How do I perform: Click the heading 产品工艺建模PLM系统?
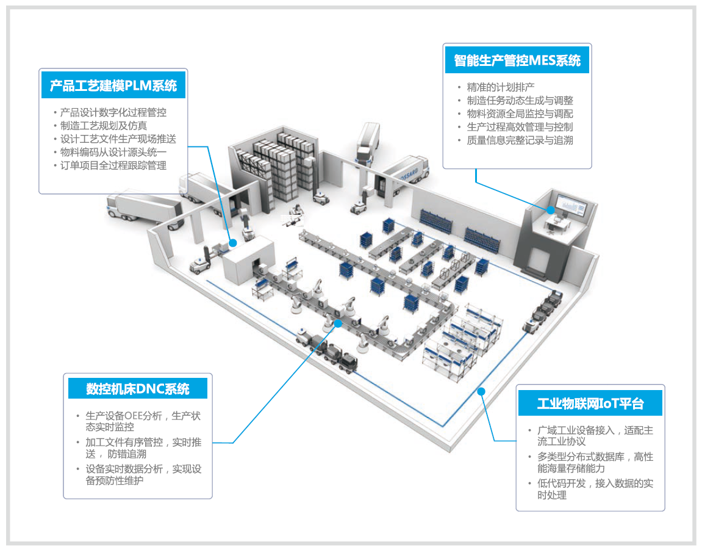pyautogui.click(x=113, y=85)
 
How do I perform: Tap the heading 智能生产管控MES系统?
pyautogui.click(x=517, y=60)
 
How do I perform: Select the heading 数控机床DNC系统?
pyautogui.click(x=138, y=389)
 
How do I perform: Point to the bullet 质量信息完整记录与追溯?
pyautogui.click(x=520, y=140)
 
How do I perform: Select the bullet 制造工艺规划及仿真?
pyautogui.click(x=103, y=126)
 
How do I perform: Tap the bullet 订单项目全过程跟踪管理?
pyautogui.click(x=113, y=165)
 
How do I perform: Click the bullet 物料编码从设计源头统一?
pyautogui.click(x=113, y=152)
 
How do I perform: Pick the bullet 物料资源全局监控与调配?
pyautogui.click(x=520, y=114)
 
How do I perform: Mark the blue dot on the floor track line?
pyautogui.click(x=481, y=391)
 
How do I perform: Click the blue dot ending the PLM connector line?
pyautogui.click(x=233, y=243)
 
